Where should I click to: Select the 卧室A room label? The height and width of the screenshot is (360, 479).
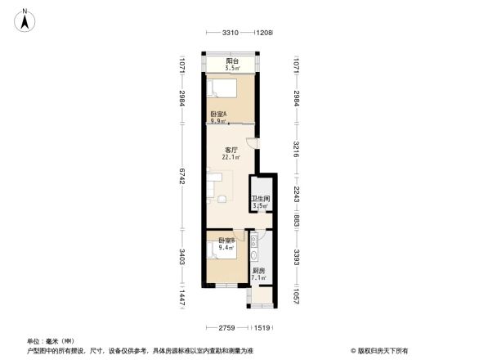pos(218,114)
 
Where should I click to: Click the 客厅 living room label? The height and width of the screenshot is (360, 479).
pos(231,151)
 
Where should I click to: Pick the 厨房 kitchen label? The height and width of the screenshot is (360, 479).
pos(258,271)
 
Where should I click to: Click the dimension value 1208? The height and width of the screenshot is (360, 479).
pos(263,33)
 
